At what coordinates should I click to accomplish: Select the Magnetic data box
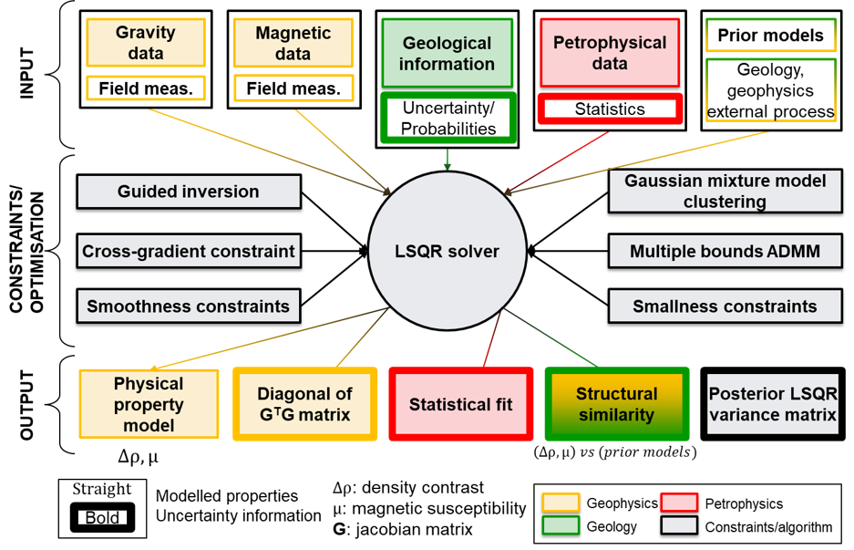pos(293,43)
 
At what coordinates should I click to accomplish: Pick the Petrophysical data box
pos(610,53)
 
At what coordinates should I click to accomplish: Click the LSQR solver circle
pos(447,251)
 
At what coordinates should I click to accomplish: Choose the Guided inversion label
pos(189,192)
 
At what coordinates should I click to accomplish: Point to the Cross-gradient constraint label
pos(189,251)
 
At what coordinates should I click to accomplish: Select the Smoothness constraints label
pos(189,306)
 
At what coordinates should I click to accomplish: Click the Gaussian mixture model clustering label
pos(725,192)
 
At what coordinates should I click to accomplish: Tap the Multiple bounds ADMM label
pos(725,251)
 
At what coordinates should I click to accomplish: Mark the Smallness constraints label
pos(725,306)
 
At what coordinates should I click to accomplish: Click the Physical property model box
pos(149,404)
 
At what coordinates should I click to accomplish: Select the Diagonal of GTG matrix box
pos(304,404)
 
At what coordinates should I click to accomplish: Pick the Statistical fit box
pos(460,404)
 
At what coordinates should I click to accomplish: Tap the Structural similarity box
pos(616,404)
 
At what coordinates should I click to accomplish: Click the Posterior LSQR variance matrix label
pos(772,404)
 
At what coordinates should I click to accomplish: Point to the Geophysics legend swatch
pos(561,503)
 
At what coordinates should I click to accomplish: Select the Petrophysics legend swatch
pos(679,503)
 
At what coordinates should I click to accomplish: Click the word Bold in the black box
pos(102,518)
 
